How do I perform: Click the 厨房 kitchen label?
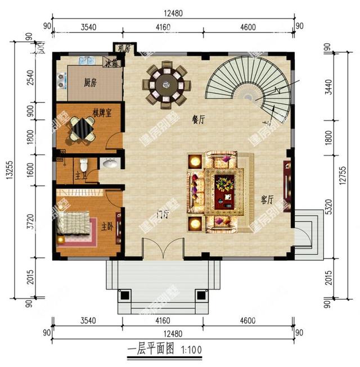(x=91, y=83)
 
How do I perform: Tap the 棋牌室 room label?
(x=101, y=112)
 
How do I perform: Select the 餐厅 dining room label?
(x=198, y=119)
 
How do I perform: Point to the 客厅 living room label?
(x=267, y=200)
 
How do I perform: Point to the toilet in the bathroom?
(x=83, y=165)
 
